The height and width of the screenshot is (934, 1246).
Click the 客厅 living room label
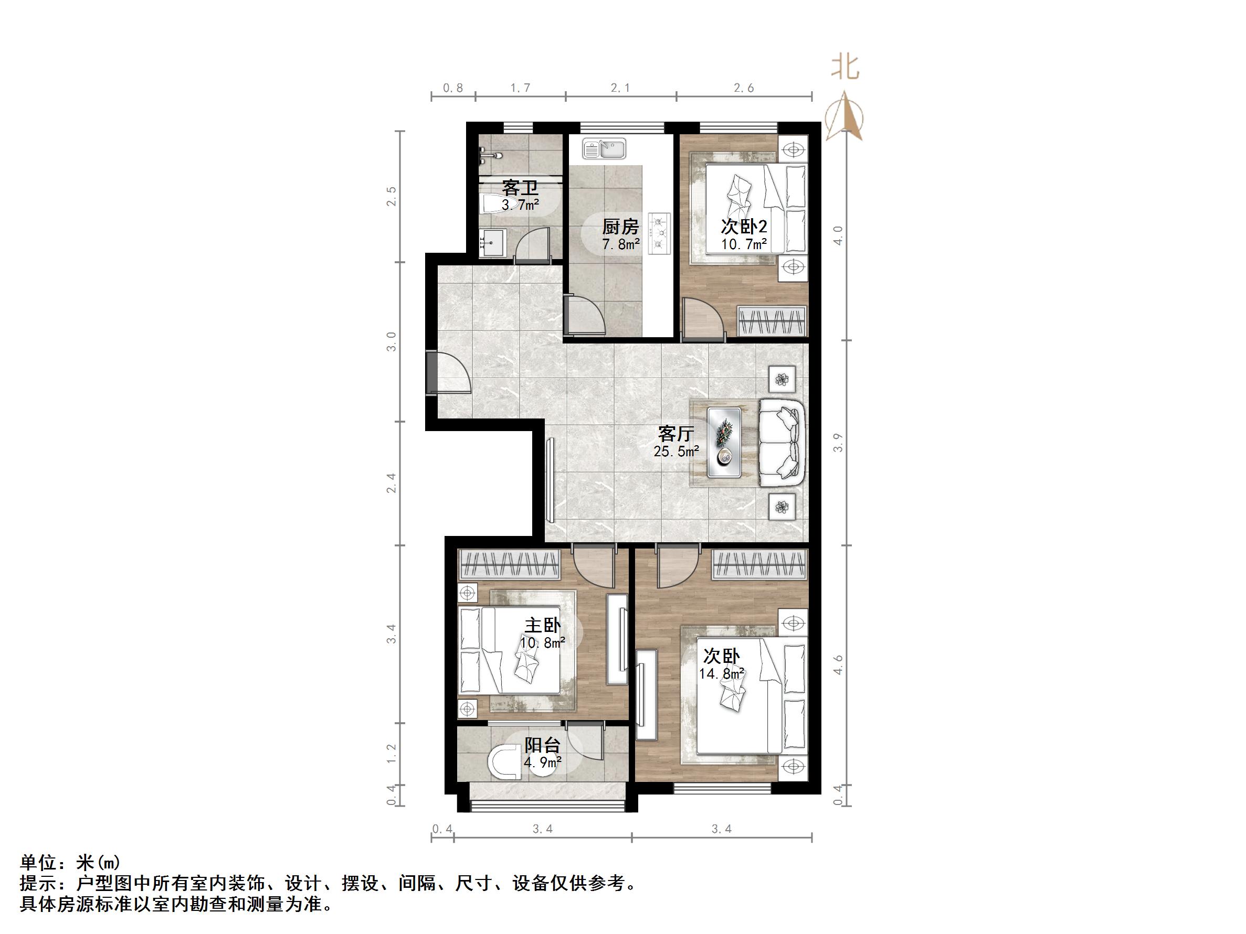pyautogui.click(x=675, y=434)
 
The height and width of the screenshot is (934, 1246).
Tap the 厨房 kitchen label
pyautogui.click(x=620, y=227)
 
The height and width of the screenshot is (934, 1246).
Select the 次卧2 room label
pyautogui.click(x=744, y=227)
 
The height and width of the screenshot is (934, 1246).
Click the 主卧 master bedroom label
pyautogui.click(x=543, y=626)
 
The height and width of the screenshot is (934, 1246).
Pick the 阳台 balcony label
pyautogui.click(x=543, y=745)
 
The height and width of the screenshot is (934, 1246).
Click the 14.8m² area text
pyautogui.click(x=722, y=673)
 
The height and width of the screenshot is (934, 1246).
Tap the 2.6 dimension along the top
pyautogui.click(x=744, y=88)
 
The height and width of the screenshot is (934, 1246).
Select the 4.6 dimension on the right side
pyautogui.click(x=838, y=664)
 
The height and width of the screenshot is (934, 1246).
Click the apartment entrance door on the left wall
pyautogui.click(x=432, y=372)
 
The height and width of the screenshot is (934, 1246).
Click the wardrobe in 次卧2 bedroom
pyautogui.click(x=772, y=321)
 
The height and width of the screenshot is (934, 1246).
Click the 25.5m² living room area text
pyautogui.click(x=677, y=451)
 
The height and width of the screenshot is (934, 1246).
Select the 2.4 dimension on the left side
pyautogui.click(x=392, y=483)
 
